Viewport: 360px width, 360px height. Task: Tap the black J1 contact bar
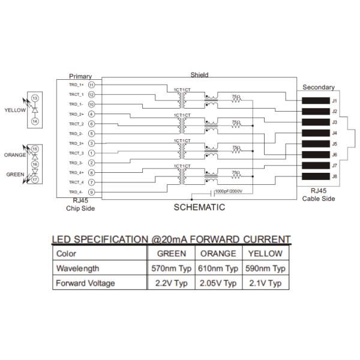coord(313,100)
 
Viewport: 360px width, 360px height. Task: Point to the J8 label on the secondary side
coord(335,176)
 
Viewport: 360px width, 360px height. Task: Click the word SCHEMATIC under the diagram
coord(199,208)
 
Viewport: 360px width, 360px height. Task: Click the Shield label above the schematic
coord(199,75)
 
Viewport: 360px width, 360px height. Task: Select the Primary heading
coord(80,76)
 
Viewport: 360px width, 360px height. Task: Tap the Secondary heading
coord(318,87)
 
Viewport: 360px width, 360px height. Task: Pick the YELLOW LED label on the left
coord(16,110)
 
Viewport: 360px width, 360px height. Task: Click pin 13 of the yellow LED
coord(35,98)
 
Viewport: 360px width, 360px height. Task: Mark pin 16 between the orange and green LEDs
coord(35,164)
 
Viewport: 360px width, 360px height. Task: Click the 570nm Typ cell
coord(170,268)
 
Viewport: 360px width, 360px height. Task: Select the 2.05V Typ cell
coord(218,283)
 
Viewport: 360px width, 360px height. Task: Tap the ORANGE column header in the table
coord(218,253)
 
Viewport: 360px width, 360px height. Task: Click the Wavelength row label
coord(77,268)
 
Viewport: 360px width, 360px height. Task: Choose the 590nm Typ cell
coord(265,268)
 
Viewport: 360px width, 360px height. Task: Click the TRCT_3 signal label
coord(76,153)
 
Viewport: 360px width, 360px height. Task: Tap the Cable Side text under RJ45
coord(319,199)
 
